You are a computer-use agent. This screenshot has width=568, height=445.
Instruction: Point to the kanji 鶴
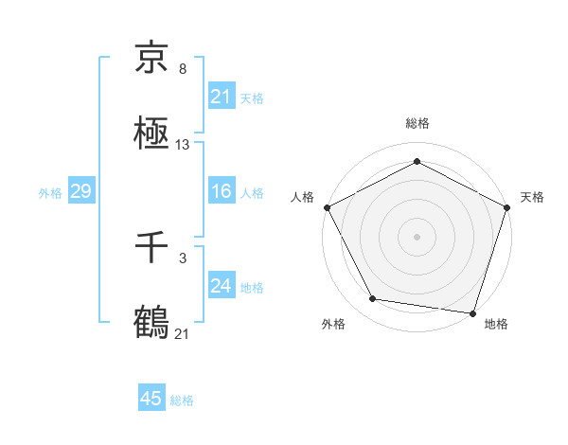[151, 321]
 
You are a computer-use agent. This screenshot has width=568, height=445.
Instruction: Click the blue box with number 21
[221, 96]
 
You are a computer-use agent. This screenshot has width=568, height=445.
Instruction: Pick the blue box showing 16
[221, 191]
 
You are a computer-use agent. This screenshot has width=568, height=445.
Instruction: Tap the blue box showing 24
[221, 286]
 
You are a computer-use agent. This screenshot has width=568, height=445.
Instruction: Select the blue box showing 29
[80, 191]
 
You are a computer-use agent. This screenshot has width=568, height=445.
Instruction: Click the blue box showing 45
[151, 399]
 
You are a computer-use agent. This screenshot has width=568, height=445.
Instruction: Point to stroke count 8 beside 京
[183, 70]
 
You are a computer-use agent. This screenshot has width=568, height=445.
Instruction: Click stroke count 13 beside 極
[183, 145]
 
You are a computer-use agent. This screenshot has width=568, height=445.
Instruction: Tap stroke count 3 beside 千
[183, 258]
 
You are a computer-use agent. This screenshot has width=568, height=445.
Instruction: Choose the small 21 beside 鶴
[183, 334]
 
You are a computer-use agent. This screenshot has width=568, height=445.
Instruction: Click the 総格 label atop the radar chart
[417, 123]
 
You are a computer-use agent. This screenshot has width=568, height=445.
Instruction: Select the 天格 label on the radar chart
[532, 197]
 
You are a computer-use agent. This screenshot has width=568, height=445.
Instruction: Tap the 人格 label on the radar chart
[302, 197]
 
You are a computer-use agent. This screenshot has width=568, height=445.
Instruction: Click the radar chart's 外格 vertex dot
[373, 300]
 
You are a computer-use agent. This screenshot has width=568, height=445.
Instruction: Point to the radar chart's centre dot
[417, 236]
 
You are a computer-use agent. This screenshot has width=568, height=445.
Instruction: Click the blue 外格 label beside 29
[50, 192]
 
